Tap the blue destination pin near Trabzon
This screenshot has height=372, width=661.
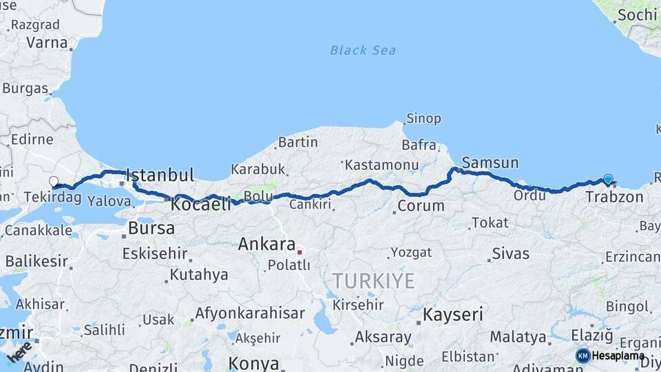click(x=608, y=179)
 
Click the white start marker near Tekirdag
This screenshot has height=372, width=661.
click(x=54, y=182)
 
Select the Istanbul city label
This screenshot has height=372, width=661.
click(x=160, y=174)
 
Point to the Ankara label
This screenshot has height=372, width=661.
click(x=266, y=244)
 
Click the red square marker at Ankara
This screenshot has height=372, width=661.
click(x=300, y=251)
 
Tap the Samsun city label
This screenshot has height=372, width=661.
click(x=490, y=163)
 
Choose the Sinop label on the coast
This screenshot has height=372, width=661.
click(x=423, y=118)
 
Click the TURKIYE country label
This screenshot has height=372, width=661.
click(x=374, y=280)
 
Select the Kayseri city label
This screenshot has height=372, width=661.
click(x=452, y=315)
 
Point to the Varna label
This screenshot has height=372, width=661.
click(x=47, y=41)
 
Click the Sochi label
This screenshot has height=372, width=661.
click(x=636, y=14)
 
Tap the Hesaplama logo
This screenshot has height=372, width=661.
click(x=610, y=355)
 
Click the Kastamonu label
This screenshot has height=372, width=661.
click(x=381, y=165)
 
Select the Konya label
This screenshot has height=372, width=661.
click(x=253, y=363)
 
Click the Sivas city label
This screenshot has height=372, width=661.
click(x=511, y=254)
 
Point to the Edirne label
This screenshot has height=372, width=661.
click(x=32, y=139)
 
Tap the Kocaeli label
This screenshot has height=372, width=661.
click(x=201, y=204)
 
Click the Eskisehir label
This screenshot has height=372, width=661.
click(x=155, y=254)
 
